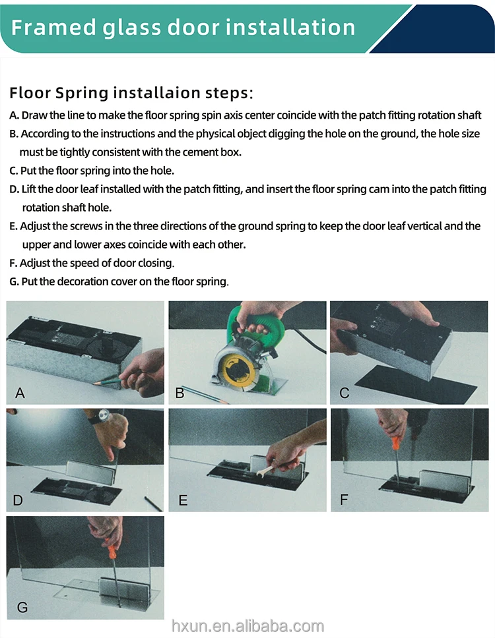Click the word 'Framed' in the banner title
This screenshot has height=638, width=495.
(53, 28)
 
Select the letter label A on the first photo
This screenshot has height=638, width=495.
(20, 393)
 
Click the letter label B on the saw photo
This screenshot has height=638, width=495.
(180, 393)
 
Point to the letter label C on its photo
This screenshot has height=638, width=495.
(345, 393)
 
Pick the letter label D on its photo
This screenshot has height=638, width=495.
(18, 500)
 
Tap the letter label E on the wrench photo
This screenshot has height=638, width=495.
(183, 500)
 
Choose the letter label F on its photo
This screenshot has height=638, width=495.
(344, 499)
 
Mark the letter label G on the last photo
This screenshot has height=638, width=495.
(22, 608)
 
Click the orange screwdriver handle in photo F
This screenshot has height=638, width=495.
(395, 443)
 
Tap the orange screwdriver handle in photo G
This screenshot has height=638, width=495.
(112, 549)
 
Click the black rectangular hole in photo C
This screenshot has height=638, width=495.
(416, 384)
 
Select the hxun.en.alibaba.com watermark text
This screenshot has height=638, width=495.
(247, 626)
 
